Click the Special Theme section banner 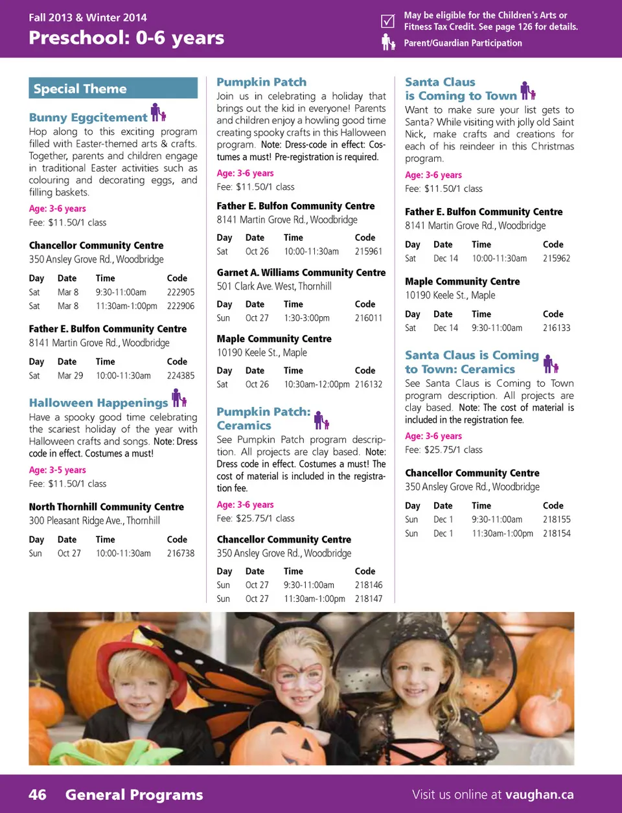click(113, 88)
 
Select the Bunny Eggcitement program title click(88, 117)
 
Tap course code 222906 click(181, 306)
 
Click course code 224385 click(181, 376)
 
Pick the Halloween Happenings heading click(98, 403)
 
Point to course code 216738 click(181, 553)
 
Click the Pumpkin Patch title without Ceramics click(261, 82)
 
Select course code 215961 click(369, 251)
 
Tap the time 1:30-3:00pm click(306, 318)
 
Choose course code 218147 click(369, 599)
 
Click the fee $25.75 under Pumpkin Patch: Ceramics click(255, 518)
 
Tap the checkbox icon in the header click(387, 21)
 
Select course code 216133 click(557, 328)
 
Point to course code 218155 click(557, 520)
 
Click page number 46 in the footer click(38, 795)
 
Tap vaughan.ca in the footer click(539, 795)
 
